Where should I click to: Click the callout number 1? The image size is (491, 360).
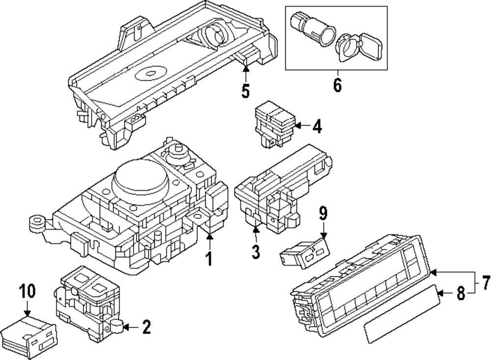click(209, 258)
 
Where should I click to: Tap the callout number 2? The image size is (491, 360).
click(146, 327)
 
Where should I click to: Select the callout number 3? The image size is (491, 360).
click(255, 251)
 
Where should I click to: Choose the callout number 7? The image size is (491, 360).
click(485, 283)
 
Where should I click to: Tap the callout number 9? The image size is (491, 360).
click(323, 214)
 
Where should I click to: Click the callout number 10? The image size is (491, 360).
click(27, 291)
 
